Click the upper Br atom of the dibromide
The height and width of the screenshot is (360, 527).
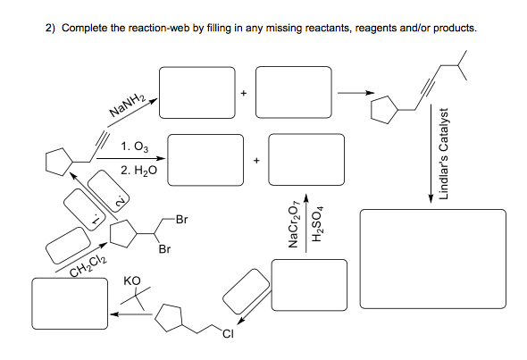(x=182, y=218)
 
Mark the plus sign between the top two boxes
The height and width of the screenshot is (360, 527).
(x=242, y=92)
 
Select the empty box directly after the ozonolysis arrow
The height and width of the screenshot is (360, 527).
(x=205, y=157)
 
